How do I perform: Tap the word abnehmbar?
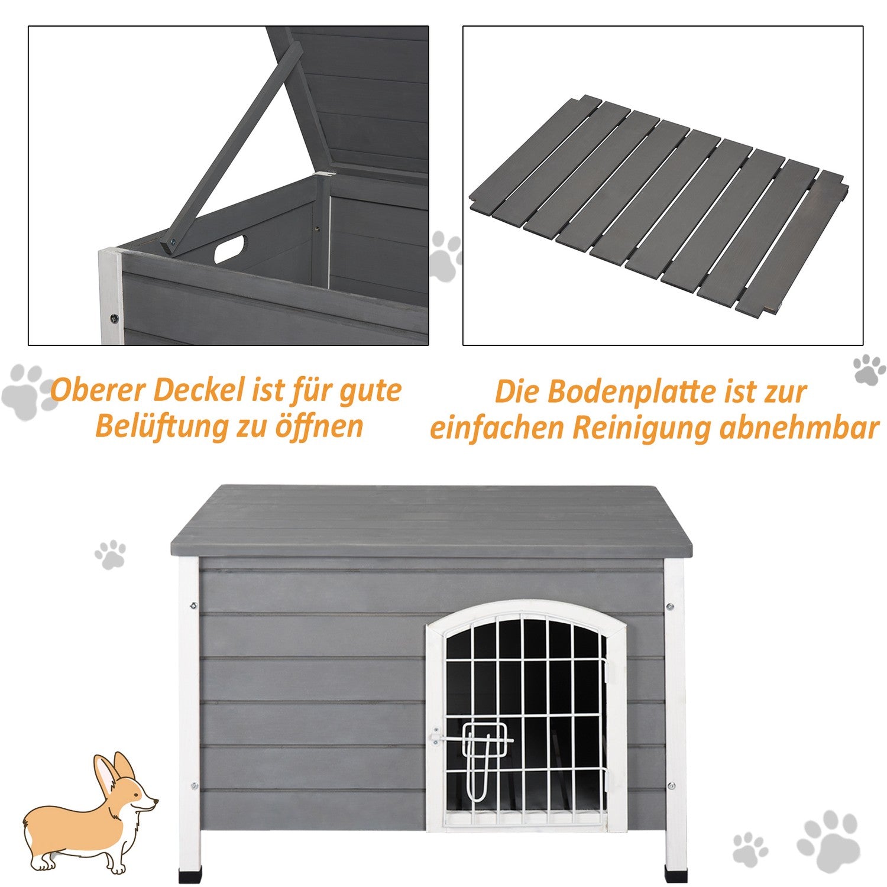[799, 427]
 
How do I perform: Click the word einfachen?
[497, 428]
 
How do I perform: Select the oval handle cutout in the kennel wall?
[229, 248]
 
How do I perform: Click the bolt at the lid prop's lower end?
[171, 241]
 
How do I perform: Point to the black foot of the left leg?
[189, 874]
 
